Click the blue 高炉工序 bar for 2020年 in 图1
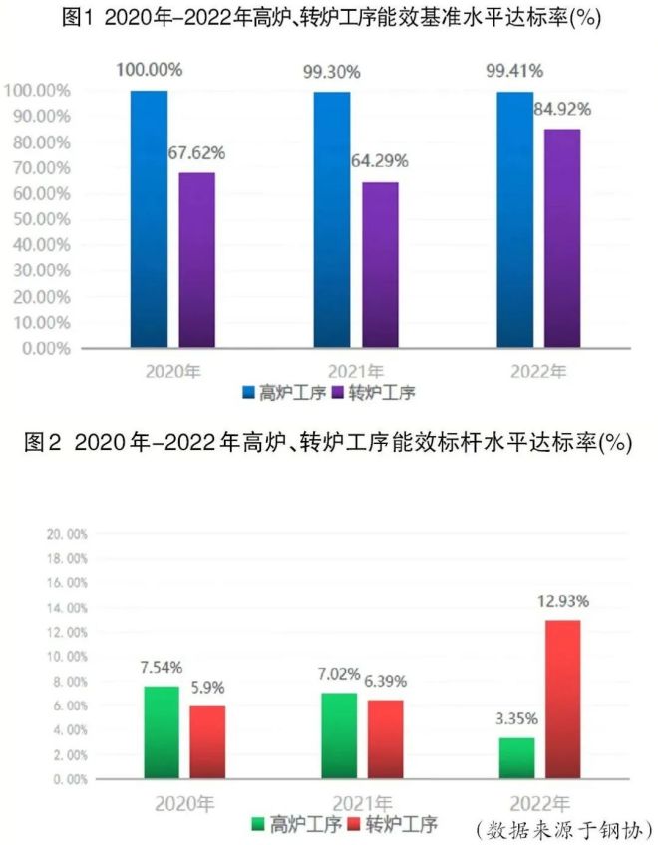pyautogui.click(x=149, y=219)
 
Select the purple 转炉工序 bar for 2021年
pyautogui.click(x=380, y=265)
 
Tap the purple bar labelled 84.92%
pyautogui.click(x=561, y=238)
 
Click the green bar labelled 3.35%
pyautogui.click(x=516, y=758)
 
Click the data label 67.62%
pyautogui.click(x=197, y=153)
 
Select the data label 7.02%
pyautogui.click(x=339, y=673)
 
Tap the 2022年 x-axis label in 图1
pyautogui.click(x=538, y=371)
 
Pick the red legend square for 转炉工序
pyautogui.click(x=355, y=825)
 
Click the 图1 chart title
pyautogui.click(x=329, y=18)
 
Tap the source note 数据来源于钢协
pyautogui.click(x=564, y=828)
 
